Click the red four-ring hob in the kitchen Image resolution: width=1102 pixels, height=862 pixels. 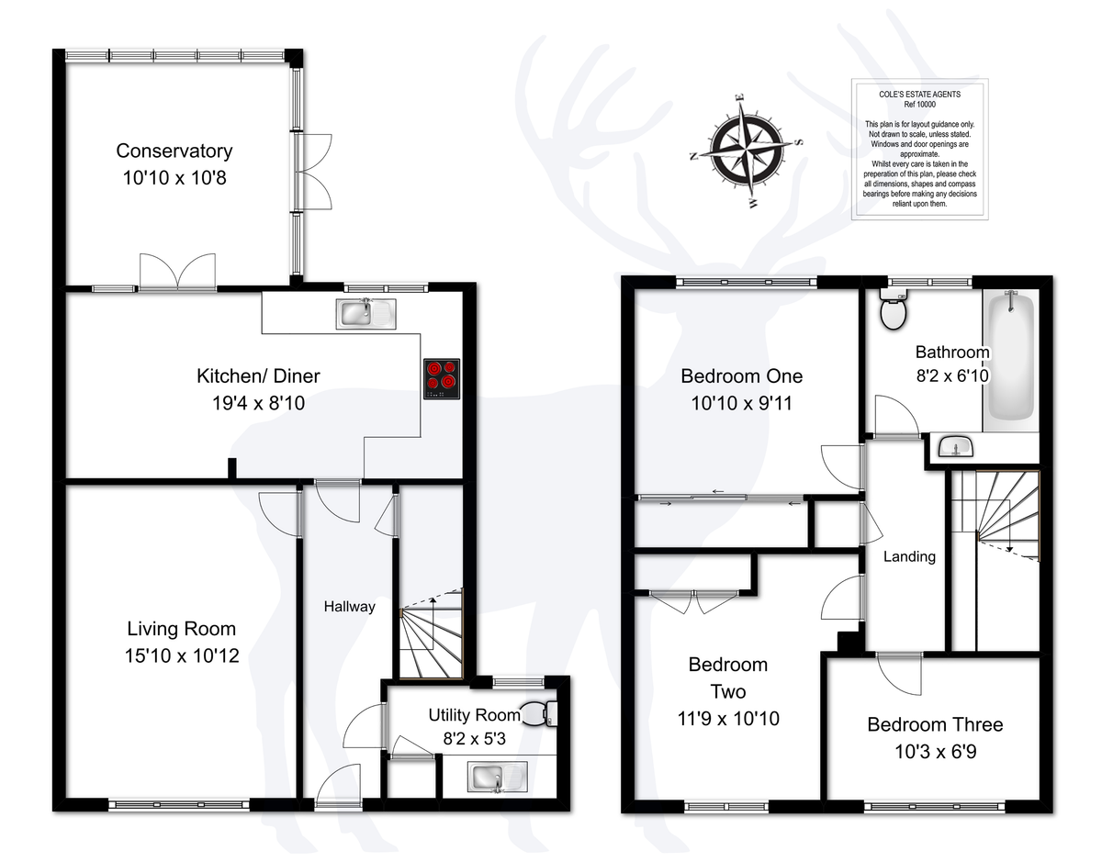(442, 378)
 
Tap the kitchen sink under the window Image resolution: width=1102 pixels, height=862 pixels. (365, 314)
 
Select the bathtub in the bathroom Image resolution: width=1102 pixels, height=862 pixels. (1010, 360)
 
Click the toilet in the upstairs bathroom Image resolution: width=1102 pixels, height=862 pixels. (893, 309)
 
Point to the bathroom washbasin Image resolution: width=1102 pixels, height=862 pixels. (955, 446)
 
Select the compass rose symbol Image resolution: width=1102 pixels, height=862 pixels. (746, 151)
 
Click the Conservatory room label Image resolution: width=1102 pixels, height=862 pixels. (174, 151)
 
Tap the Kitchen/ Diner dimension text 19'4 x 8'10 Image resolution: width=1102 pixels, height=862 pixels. (259, 403)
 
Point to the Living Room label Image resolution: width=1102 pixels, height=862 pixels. (182, 629)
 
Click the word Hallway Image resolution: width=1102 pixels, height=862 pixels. (349, 606)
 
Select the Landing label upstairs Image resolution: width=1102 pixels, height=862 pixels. (909, 556)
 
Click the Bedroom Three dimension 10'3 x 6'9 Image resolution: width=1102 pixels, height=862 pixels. (935, 751)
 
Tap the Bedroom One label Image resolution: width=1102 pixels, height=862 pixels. (741, 376)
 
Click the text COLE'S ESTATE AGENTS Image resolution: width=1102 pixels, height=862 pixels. (919, 95)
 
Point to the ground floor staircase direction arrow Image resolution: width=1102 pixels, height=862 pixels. (433, 624)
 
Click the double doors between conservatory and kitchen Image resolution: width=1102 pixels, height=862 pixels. (177, 272)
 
